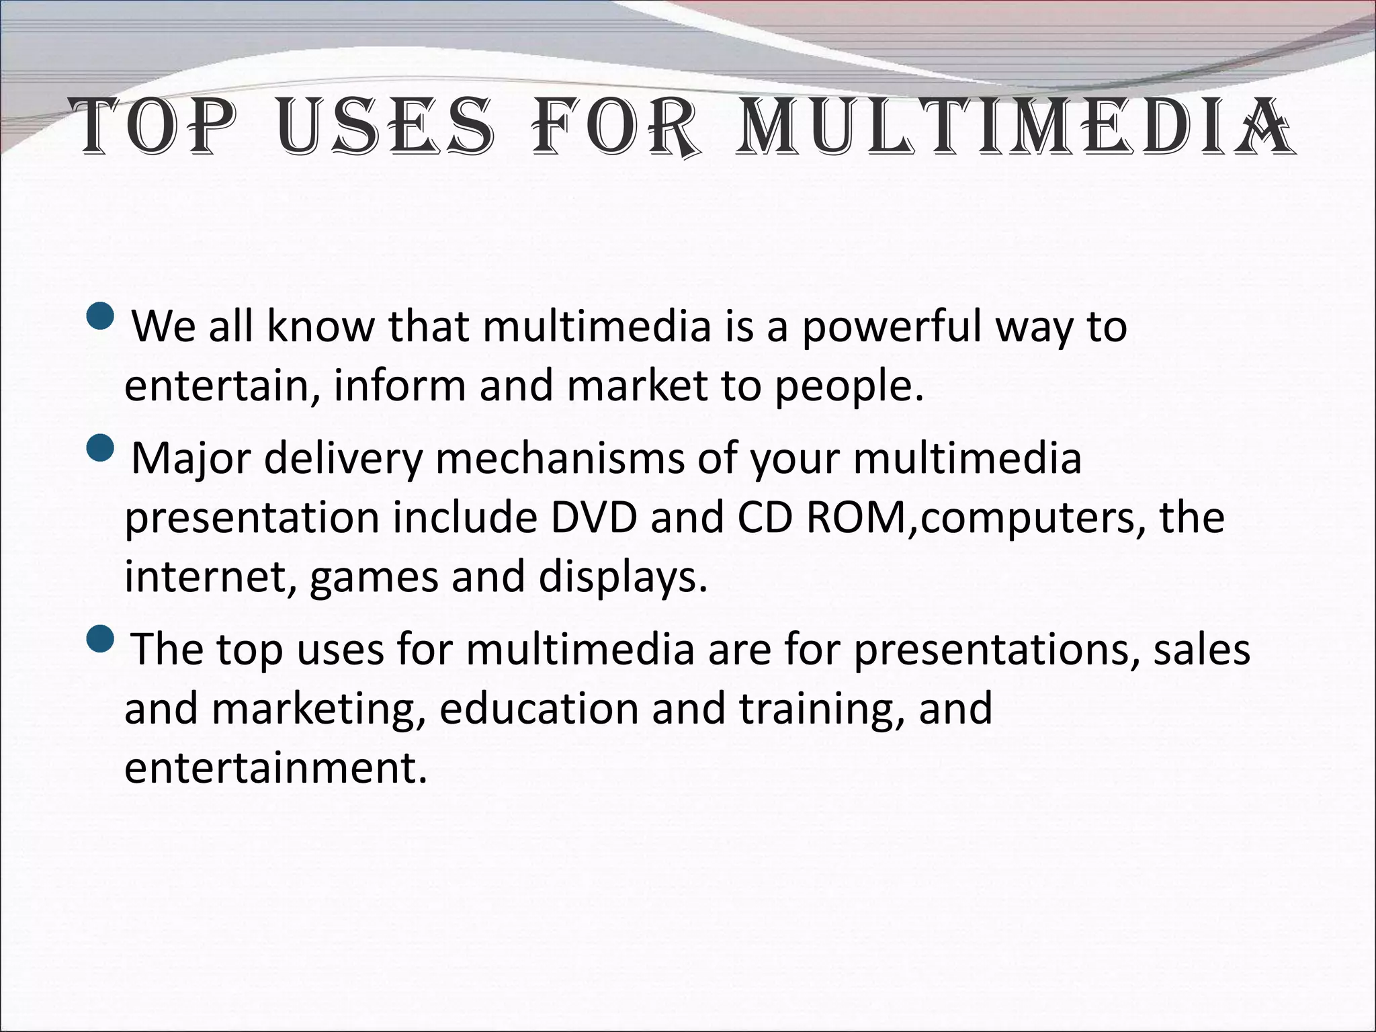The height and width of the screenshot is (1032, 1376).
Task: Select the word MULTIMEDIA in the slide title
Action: click(1014, 126)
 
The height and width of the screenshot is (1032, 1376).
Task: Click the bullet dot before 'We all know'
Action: click(101, 316)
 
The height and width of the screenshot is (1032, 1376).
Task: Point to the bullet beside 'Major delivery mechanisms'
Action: click(101, 447)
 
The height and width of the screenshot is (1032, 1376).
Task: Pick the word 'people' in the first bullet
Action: click(844, 388)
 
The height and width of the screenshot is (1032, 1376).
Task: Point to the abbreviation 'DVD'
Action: click(593, 518)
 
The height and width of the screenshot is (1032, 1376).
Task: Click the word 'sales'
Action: click(1201, 650)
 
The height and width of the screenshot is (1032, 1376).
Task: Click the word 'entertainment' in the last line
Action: click(275, 768)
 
